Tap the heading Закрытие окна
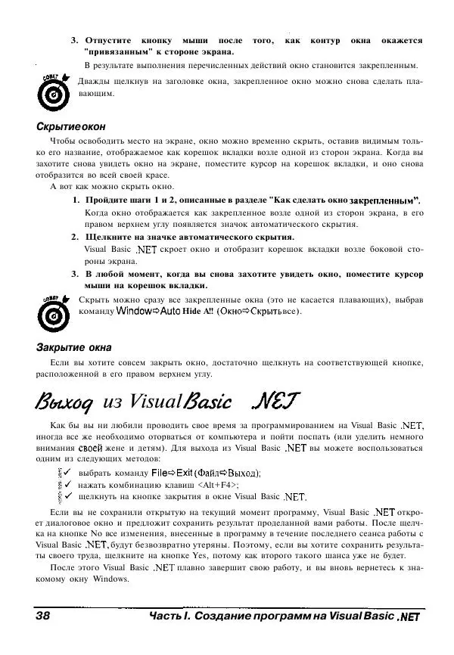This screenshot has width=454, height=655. pos(74,347)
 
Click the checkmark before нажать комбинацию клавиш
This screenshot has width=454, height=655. pos(67,485)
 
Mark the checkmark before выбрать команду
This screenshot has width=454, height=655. pos(67,473)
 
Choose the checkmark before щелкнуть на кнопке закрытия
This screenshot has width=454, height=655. pos(67,497)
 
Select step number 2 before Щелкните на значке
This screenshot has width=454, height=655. pos(76,237)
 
